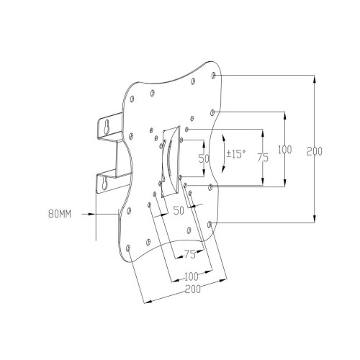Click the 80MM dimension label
(60, 214)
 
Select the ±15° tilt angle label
(236, 153)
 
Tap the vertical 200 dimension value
(314, 151)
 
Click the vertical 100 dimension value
(285, 150)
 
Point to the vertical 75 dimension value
(263, 158)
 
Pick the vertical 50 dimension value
(204, 158)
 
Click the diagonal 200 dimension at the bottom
(193, 289)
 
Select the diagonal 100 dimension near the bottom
(192, 276)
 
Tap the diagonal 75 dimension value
(190, 254)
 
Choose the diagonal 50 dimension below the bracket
(179, 210)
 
